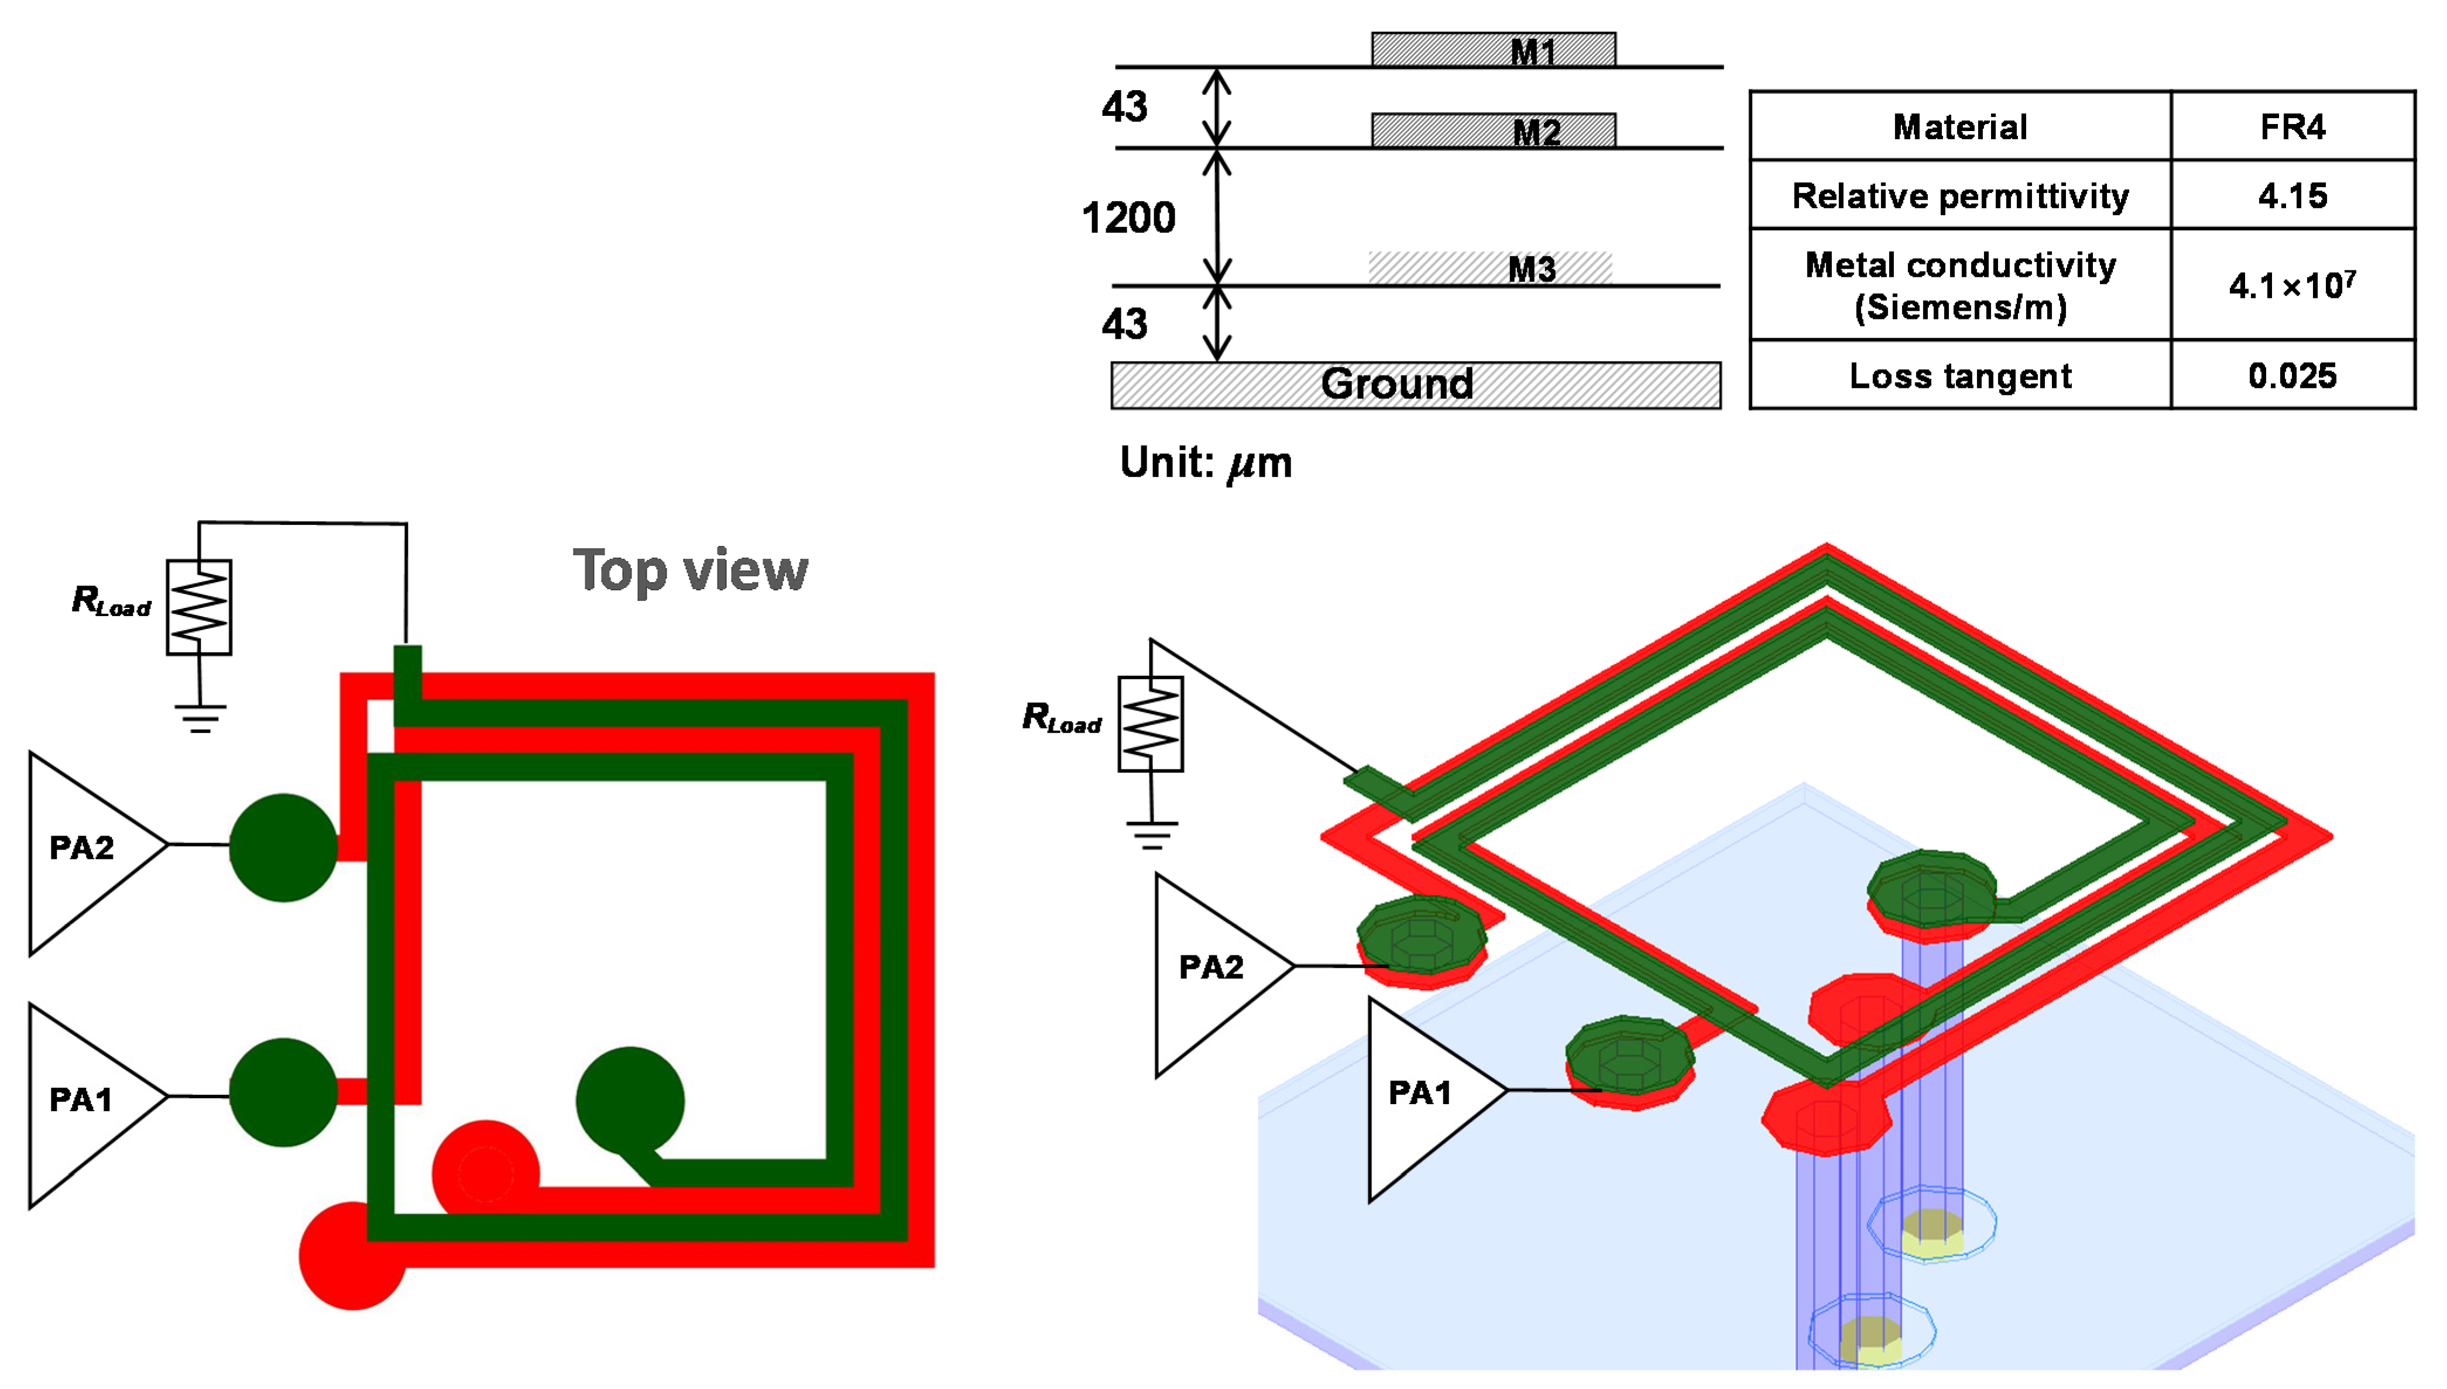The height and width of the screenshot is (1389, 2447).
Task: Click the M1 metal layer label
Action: (x=1532, y=51)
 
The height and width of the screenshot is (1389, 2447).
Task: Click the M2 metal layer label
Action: (x=1536, y=132)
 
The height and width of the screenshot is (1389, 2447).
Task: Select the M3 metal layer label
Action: (x=1531, y=269)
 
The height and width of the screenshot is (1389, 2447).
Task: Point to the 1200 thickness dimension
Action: (x=1128, y=218)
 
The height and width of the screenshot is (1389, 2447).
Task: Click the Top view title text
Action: (x=690, y=570)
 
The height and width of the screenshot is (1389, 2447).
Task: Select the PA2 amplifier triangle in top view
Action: (x=86, y=849)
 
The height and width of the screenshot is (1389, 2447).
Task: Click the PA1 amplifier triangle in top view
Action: (x=86, y=1102)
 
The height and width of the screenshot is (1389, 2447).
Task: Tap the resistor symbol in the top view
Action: (x=198, y=607)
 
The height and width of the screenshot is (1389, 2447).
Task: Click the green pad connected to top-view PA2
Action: (x=283, y=847)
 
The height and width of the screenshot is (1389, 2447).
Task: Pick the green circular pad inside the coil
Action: (x=630, y=1100)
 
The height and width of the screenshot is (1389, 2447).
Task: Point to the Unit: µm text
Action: (x=1205, y=463)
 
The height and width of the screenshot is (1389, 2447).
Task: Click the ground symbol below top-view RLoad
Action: (x=200, y=717)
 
